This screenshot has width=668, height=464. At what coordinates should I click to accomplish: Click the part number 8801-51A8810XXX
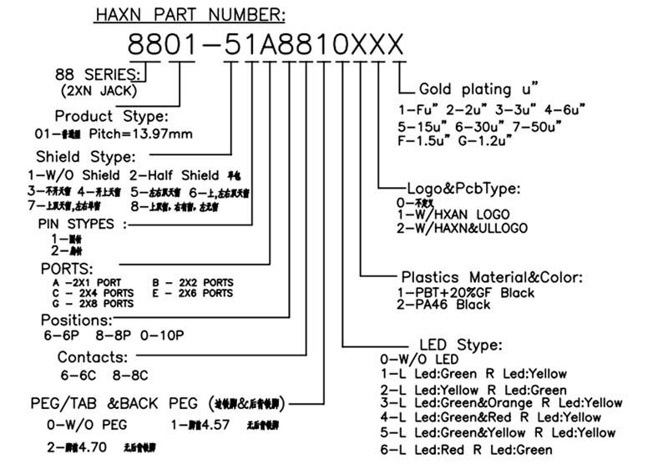point(265,43)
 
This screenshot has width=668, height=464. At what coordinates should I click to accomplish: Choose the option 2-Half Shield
point(175,176)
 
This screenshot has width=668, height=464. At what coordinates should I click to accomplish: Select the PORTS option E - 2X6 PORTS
point(193,293)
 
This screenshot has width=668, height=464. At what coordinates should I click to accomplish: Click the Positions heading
point(76,320)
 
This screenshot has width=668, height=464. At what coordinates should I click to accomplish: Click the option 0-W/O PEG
point(87,425)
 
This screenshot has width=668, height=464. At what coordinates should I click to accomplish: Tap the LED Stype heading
point(458,345)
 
